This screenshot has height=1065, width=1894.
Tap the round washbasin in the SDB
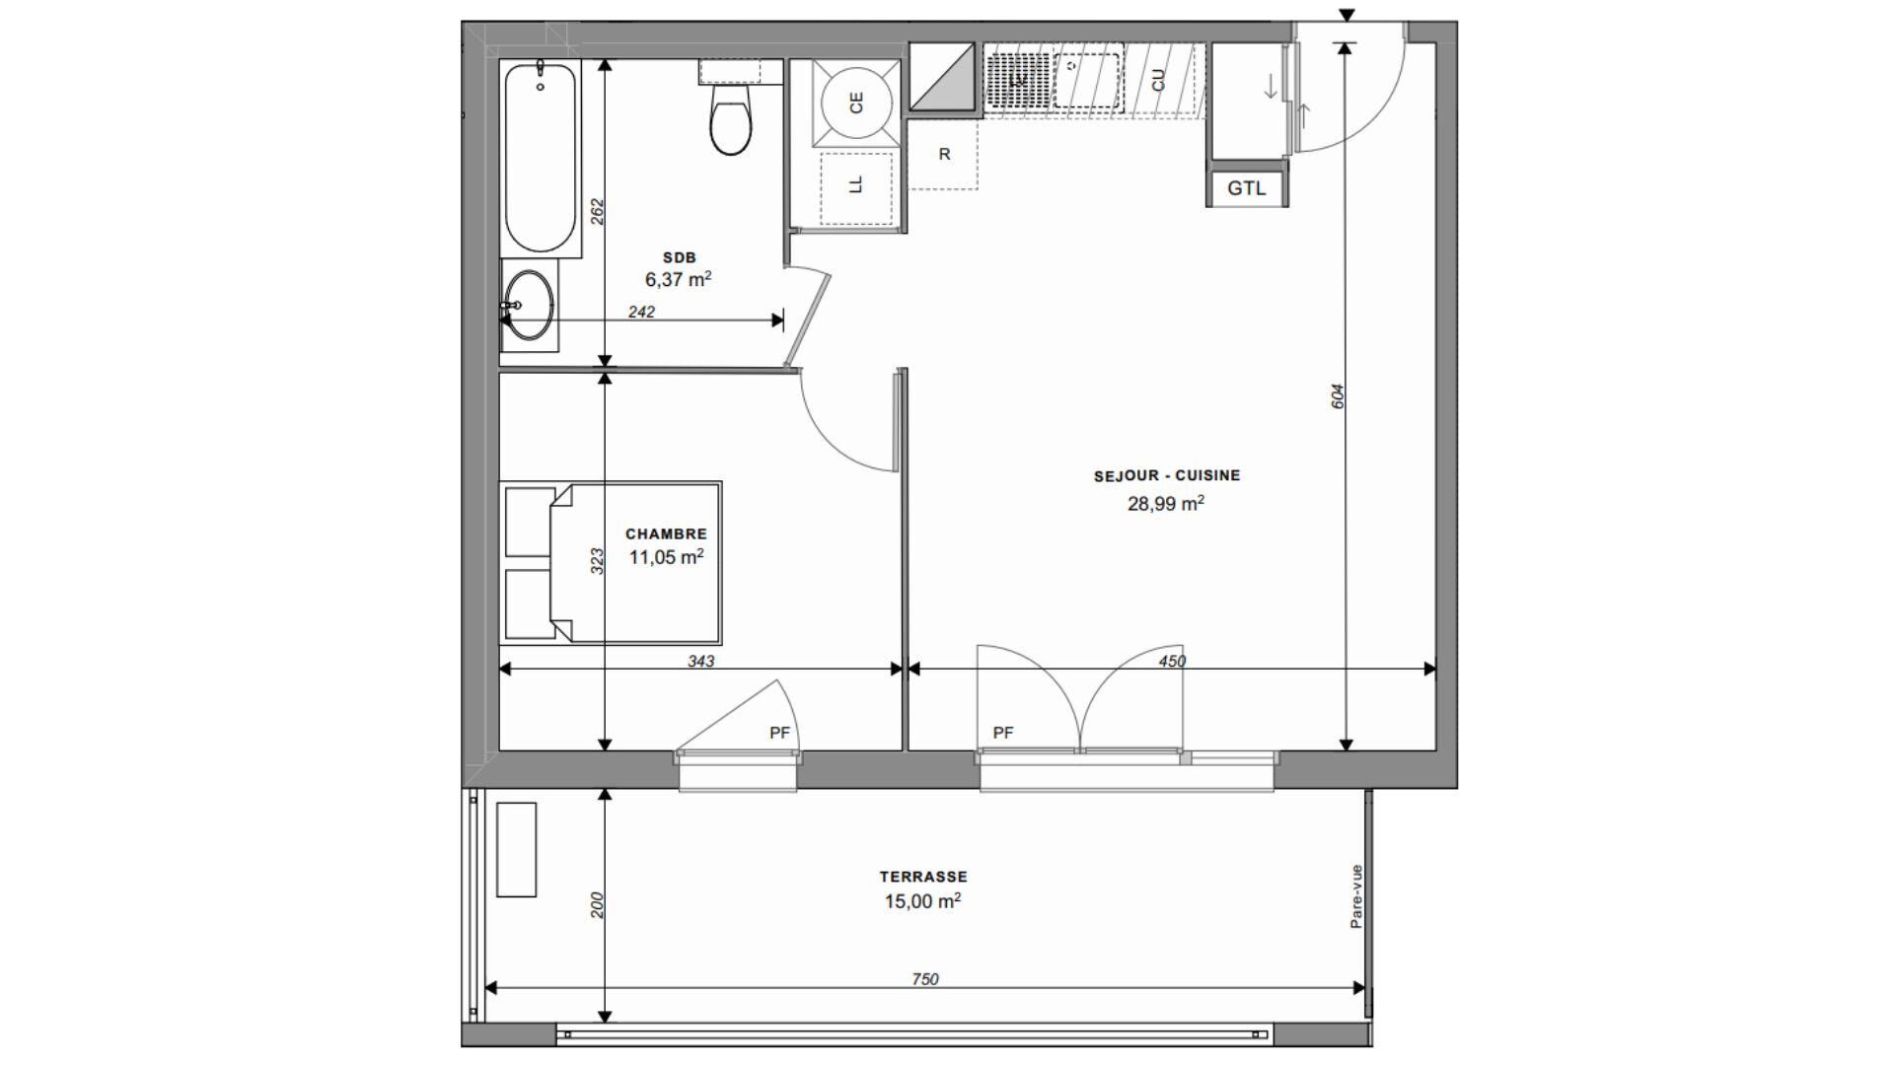[529, 305]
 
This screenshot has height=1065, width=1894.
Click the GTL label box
[1247, 187]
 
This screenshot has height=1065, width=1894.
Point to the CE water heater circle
[855, 103]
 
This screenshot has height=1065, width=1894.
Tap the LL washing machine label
[856, 184]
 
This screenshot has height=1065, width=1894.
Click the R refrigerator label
[944, 154]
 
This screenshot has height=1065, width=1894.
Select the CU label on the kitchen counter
[1158, 80]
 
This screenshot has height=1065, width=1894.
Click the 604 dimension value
[1338, 396]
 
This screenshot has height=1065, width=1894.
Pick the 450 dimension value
[1172, 661]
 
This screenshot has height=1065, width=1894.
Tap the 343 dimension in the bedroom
[700, 661]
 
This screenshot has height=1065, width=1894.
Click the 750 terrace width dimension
[924, 979]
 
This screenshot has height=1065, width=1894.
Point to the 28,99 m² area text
[1166, 504]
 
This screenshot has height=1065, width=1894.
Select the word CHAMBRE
[666, 533]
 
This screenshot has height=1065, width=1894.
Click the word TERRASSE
[923, 876]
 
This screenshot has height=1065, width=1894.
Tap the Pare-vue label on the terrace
[1356, 896]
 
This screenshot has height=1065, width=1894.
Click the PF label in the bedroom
[779, 733]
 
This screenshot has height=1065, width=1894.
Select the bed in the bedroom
[611, 563]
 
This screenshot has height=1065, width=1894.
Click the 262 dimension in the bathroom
[597, 212]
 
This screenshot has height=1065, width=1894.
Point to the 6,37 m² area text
[679, 279]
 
